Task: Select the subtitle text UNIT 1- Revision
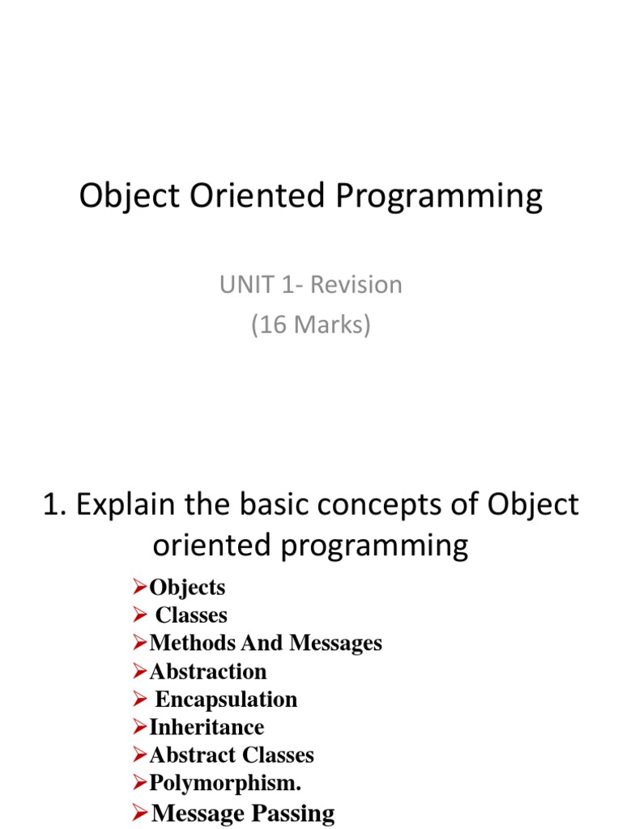pos(311,285)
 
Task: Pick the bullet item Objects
pos(187,587)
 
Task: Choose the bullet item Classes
pos(191,615)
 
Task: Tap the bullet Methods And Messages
pos(266,643)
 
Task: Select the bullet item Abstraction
pos(207,671)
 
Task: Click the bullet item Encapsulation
pos(226,699)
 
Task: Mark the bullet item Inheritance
pos(207,727)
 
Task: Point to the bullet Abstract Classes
pos(232,755)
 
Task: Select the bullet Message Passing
pos(243,813)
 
